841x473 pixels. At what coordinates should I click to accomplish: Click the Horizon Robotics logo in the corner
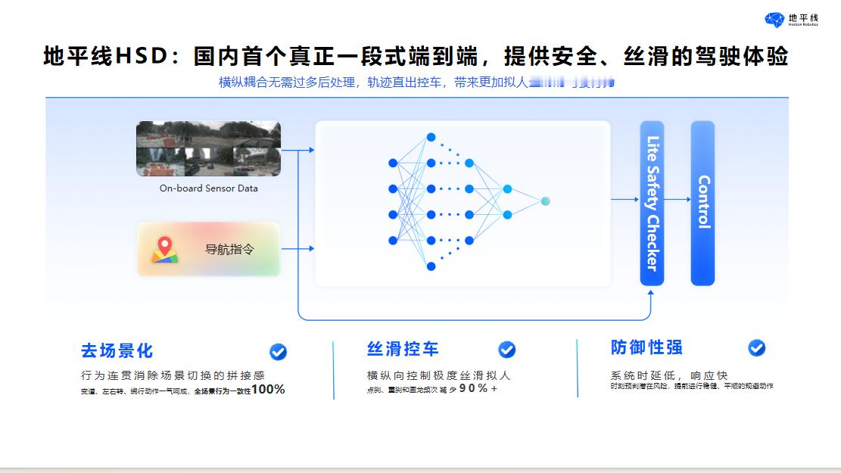tap(791, 19)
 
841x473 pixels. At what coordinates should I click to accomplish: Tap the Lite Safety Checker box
tap(652, 203)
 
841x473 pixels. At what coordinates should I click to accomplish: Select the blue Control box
tap(702, 203)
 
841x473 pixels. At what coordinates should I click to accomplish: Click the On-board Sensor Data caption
tap(208, 188)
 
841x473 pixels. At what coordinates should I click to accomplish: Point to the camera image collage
tap(208, 148)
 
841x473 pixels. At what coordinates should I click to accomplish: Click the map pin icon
tap(164, 249)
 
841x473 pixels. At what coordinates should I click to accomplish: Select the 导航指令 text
tap(229, 249)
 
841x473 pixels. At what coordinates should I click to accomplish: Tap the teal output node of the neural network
tap(545, 201)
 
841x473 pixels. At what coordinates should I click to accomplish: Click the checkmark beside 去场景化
tap(278, 351)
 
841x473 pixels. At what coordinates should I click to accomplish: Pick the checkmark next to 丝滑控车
tap(506, 350)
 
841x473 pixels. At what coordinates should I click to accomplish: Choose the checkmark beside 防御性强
tap(756, 347)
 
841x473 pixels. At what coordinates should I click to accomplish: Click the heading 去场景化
tap(117, 351)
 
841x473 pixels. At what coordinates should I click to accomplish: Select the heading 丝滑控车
tap(403, 350)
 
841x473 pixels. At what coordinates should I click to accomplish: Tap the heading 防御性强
tap(646, 347)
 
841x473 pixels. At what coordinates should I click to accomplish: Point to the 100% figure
tap(268, 390)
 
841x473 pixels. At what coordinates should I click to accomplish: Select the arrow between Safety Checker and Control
tap(677, 200)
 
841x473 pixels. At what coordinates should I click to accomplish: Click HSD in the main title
tap(139, 58)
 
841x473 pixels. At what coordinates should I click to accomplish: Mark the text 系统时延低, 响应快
tap(668, 375)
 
